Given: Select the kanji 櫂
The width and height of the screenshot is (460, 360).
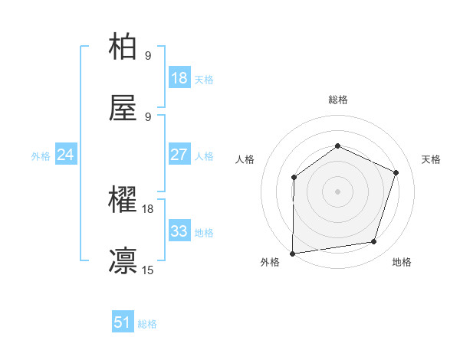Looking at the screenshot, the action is [123, 200].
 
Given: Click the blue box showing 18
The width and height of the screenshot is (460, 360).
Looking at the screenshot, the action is [179, 78].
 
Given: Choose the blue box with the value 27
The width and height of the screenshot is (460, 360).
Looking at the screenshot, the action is [179, 155].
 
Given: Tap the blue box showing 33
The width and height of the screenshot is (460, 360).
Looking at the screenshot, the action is [179, 231].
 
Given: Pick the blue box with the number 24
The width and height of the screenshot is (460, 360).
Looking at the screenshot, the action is [66, 155].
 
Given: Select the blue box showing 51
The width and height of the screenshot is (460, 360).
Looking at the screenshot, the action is [123, 323].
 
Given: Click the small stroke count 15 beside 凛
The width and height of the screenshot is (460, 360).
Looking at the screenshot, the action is [148, 270].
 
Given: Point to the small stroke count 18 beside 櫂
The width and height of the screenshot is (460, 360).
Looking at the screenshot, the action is [148, 208].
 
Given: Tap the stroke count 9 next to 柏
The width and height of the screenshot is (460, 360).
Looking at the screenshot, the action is [148, 55].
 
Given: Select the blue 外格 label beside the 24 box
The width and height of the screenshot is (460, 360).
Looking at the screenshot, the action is [41, 156].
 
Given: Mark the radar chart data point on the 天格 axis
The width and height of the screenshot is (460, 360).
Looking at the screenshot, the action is [396, 172].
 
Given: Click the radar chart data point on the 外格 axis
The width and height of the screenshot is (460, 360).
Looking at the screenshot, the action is [292, 254].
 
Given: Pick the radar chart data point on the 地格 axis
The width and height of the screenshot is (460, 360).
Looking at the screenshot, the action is [374, 242].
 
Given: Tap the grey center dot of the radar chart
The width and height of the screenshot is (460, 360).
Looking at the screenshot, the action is [337, 191].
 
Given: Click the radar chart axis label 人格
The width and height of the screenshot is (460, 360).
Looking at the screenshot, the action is [245, 159].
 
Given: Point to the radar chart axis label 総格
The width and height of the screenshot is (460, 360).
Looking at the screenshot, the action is [337, 100].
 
